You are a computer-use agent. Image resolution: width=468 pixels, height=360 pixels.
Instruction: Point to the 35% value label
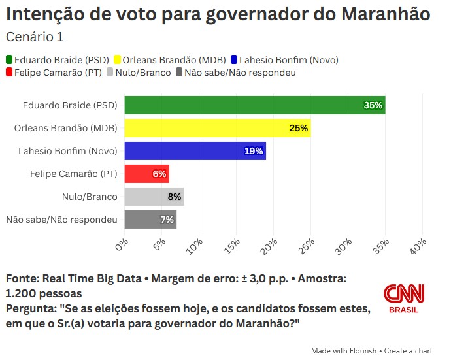(x=373, y=105)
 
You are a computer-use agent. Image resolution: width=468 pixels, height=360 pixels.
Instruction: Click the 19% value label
(x=254, y=151)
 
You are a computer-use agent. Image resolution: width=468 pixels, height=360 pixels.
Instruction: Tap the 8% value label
(x=174, y=197)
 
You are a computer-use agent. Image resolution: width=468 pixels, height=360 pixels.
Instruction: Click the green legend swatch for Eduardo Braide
(x=9, y=60)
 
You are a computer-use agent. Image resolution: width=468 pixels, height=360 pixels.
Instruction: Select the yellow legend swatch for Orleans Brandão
(x=118, y=60)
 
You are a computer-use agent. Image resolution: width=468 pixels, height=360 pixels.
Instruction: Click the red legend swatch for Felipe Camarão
(x=9, y=73)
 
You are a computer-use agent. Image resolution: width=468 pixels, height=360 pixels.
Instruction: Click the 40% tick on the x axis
(x=420, y=244)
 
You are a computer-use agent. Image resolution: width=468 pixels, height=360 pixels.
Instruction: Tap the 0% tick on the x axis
(x=122, y=244)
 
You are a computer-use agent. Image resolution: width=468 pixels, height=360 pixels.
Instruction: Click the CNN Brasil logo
(x=403, y=299)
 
